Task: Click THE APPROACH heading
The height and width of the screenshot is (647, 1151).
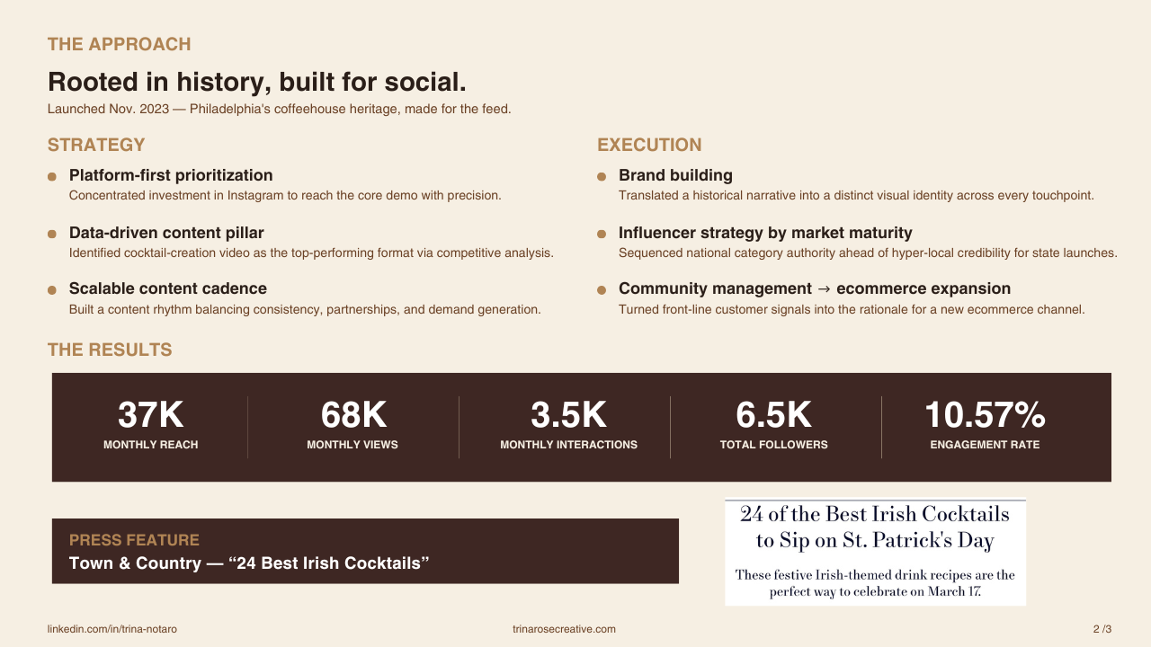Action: pos(120,44)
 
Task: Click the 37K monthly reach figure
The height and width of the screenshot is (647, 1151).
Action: pos(150,414)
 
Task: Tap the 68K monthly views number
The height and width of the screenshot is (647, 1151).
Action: pos(353,414)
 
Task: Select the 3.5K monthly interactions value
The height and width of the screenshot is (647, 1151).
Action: pos(568,414)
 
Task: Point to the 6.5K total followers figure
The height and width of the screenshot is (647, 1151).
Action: pos(773,414)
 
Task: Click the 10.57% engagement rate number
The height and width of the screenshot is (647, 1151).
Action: pos(985,414)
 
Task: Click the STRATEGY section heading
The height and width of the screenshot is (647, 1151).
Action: pos(96,145)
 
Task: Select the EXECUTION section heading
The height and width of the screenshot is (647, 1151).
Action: pos(649,145)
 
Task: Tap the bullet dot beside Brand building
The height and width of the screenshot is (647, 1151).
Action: pos(602,177)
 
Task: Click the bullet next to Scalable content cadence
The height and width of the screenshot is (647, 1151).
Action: pos(52,290)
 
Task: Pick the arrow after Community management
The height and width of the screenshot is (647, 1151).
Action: pos(824,289)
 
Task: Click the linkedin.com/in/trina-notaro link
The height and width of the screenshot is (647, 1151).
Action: pos(112,629)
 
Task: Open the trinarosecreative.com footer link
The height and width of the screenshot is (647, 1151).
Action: pos(564,629)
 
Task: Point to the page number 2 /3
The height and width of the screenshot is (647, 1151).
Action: pos(1102,629)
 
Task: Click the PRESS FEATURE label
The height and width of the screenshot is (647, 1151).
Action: pos(134,540)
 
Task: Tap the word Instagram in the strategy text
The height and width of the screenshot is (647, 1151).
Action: pos(255,196)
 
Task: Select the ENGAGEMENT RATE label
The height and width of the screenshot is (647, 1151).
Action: pos(985,445)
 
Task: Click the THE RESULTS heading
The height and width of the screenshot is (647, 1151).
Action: pos(110,350)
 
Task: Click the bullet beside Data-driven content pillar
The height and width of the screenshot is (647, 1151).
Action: pos(52,235)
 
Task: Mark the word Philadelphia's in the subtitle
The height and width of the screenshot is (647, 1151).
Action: pos(229,110)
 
